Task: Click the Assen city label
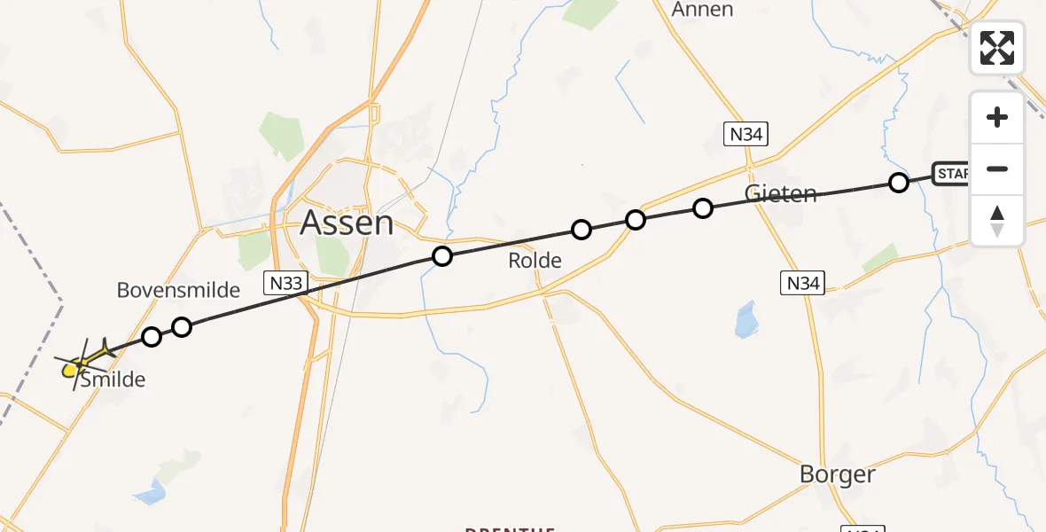click(347, 223)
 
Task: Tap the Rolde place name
click(535, 261)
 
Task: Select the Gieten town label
click(781, 193)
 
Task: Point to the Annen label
click(703, 10)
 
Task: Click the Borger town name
click(837, 474)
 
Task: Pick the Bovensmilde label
click(178, 290)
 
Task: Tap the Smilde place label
click(113, 380)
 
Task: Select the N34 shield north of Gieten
click(745, 135)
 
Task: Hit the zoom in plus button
click(997, 118)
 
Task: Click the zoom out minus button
click(997, 168)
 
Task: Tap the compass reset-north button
click(997, 220)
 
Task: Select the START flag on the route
click(952, 174)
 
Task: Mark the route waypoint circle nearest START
click(898, 183)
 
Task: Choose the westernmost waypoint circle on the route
click(152, 337)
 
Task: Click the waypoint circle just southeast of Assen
click(441, 256)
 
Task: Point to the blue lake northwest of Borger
click(746, 320)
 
